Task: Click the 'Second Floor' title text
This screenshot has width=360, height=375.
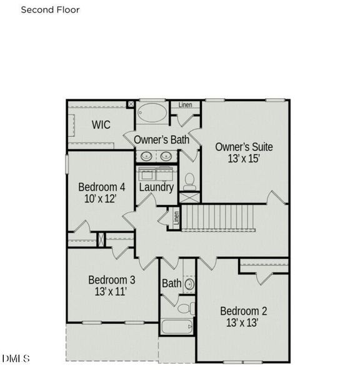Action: pos(51,10)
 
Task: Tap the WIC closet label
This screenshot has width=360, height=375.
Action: pos(101,125)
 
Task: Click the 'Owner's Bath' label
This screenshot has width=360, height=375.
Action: pos(162,140)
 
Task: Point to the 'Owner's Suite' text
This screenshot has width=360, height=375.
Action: pos(244,147)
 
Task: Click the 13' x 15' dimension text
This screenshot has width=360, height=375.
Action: pos(244,159)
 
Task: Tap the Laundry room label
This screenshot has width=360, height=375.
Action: pos(156,187)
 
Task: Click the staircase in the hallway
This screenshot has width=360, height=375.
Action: pos(218,217)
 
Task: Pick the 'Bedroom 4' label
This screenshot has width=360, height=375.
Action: pos(101,187)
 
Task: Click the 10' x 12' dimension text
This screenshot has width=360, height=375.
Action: pos(101,199)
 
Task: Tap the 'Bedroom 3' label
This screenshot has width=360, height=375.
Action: pos(111,279)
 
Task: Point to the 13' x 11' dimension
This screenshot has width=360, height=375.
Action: pos(111,291)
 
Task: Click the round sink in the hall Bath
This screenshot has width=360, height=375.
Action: pos(189,284)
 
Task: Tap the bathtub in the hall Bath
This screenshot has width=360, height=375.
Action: pos(176,326)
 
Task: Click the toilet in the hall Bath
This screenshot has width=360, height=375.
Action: pos(185,307)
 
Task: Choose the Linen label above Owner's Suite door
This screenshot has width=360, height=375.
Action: pos(185,104)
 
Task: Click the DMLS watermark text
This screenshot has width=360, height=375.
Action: pos(16,358)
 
